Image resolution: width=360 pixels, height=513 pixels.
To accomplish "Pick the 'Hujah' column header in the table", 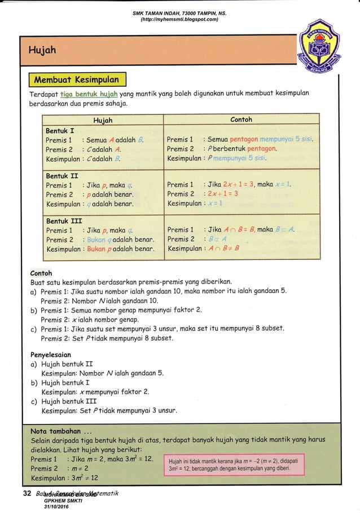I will tap(102, 120).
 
